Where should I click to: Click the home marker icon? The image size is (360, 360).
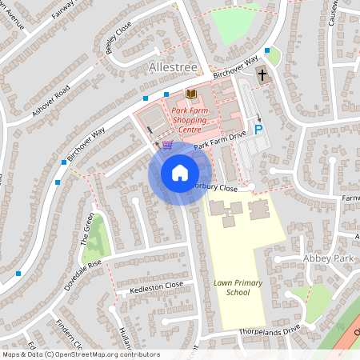click(180, 173)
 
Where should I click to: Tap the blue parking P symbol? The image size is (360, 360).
click(258, 128)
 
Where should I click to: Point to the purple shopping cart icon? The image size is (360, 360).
click(167, 145)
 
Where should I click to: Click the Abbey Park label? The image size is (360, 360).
click(327, 258)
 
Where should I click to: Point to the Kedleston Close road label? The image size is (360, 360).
click(158, 285)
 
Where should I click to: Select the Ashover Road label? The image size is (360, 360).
click(52, 100)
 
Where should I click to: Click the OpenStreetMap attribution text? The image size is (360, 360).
click(81, 354)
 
